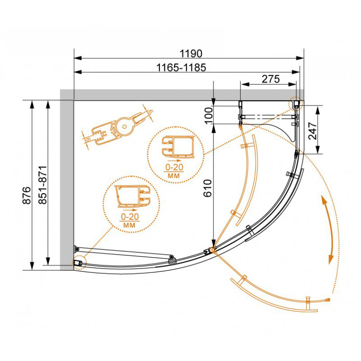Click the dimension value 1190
tap(190, 54)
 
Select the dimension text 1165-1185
tap(181, 68)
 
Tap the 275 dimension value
tap(271, 79)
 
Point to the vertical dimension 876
tap(27, 195)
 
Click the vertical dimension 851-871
tap(43, 185)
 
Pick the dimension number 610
tap(208, 188)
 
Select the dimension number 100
tap(208, 116)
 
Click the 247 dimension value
tap(312, 131)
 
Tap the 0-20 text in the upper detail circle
tap(174, 167)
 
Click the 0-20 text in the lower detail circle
tap(130, 217)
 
